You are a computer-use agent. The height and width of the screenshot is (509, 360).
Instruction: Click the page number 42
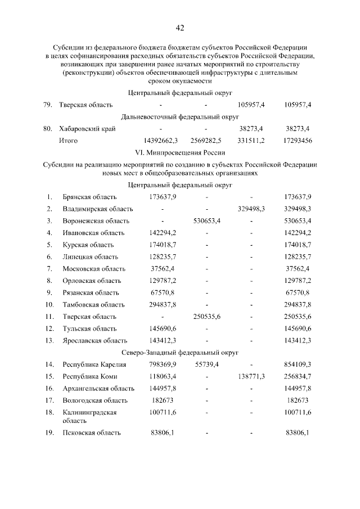pos(180,28)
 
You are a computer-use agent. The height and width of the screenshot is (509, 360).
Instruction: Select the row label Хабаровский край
pos(87,129)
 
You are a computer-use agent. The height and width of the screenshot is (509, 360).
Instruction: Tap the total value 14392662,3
pos(161,141)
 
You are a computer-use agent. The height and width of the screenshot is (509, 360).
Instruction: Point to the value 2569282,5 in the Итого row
pos(206,141)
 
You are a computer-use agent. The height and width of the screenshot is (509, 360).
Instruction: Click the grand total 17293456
pos(298,141)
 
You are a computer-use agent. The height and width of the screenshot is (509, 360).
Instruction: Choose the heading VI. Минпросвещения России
pos(180,152)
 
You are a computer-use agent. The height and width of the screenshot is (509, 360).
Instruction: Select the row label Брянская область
pos(89,197)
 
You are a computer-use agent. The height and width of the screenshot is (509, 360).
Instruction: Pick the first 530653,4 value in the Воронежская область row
pos(206,220)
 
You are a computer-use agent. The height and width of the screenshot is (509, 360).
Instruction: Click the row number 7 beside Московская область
pos(49,268)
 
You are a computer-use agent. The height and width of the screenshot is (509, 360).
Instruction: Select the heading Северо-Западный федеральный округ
pos(180,353)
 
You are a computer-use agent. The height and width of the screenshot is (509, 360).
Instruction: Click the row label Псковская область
pos(91,433)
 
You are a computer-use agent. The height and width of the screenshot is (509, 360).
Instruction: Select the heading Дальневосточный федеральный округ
pos(180,117)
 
